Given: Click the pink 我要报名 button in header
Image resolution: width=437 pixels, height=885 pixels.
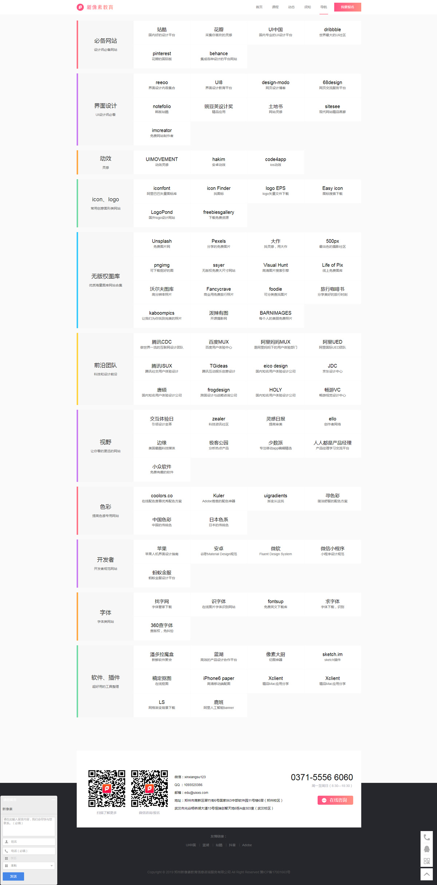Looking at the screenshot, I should tap(347, 7).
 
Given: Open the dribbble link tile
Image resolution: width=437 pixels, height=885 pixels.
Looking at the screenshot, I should tap(332, 32).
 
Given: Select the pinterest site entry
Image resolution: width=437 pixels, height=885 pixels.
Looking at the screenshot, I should tap(162, 56).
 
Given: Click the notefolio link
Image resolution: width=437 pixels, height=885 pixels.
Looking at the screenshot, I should tap(162, 109).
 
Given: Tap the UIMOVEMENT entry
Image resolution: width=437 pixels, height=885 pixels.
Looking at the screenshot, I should tap(162, 162).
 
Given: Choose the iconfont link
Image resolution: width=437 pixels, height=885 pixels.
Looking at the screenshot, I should tap(162, 191).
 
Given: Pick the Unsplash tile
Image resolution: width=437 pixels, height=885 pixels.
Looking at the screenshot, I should tap(162, 243).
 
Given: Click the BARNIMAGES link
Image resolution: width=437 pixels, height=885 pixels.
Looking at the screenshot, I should tap(275, 315).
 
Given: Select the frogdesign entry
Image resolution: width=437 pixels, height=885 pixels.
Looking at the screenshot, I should tap(219, 392).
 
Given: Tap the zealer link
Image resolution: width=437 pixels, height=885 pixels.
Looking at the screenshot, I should tap(219, 421).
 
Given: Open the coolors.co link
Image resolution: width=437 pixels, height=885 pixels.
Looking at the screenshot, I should tap(162, 498).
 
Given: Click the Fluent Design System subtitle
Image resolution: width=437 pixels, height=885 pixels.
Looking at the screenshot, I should tap(275, 554).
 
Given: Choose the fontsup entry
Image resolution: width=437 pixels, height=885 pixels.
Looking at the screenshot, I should tap(275, 604).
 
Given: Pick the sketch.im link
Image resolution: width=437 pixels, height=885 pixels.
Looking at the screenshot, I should tap(332, 657).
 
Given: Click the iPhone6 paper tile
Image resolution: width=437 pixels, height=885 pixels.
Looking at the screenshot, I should tap(219, 681).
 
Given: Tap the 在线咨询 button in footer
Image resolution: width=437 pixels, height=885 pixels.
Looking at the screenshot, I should tap(335, 800).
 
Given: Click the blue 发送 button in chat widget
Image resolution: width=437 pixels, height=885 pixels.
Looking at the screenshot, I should tap(13, 876).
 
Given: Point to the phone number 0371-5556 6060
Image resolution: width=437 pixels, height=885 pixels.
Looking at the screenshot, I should tap(322, 777).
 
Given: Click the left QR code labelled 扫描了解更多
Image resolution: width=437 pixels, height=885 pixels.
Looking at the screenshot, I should tap(107, 788).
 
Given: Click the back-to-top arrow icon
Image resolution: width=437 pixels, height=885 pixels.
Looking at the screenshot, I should tap(426, 874).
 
